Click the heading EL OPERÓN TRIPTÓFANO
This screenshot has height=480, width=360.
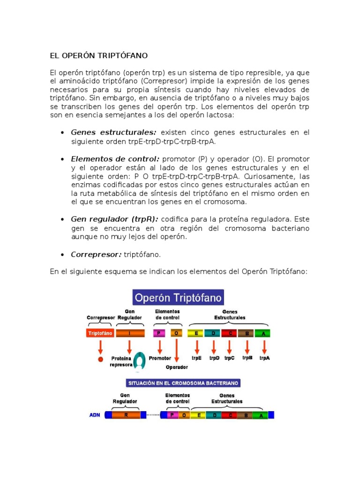coord(98,56)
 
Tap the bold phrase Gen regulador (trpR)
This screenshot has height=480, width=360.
coord(114,219)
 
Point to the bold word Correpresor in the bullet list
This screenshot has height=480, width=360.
coord(96,255)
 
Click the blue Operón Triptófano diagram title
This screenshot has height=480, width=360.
coord(178,297)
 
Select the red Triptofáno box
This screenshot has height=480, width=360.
coord(100,333)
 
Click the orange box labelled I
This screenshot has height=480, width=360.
coord(129,333)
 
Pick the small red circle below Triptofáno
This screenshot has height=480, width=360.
coord(100,359)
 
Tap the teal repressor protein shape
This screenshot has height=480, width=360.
coord(139,361)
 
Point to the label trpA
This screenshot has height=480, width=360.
coord(264,358)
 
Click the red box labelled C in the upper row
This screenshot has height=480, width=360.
coord(230,333)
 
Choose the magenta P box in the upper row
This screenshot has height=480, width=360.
coord(159,333)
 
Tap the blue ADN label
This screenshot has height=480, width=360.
coord(94,415)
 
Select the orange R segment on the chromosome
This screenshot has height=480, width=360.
coord(126,415)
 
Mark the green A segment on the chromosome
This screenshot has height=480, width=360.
coord(261,415)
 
